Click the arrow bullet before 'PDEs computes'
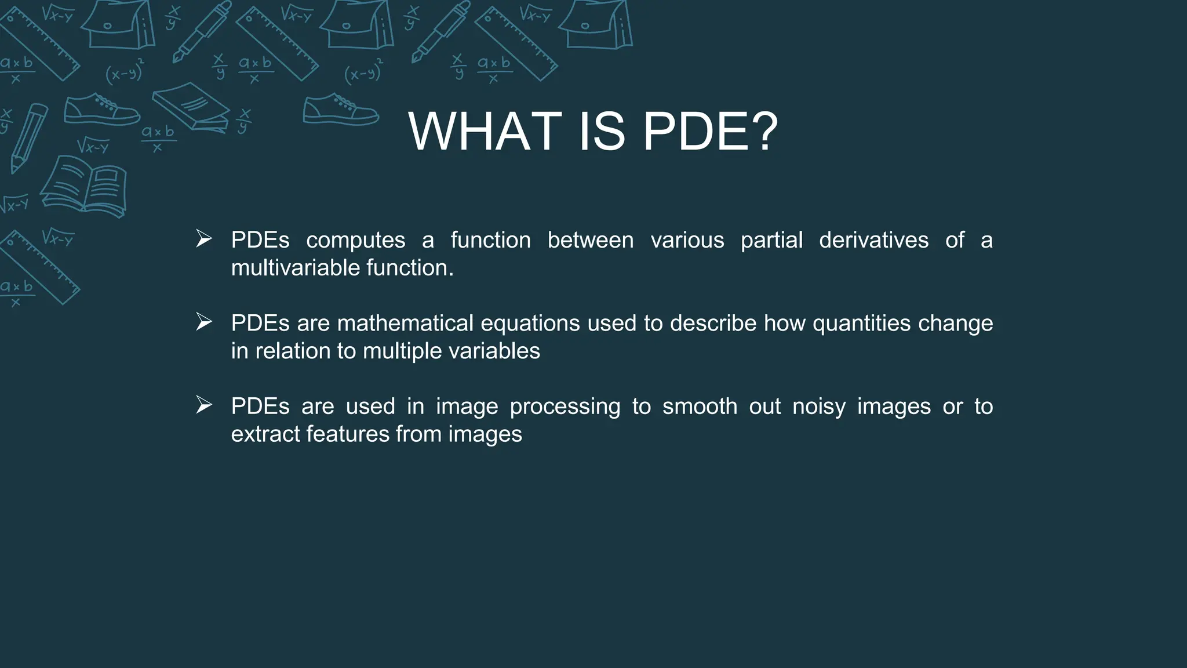204,238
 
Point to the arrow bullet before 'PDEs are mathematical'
204,321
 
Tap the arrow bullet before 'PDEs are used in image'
204,405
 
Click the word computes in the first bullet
355,241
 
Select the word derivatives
873,240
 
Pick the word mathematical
405,323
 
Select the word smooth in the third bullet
700,406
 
